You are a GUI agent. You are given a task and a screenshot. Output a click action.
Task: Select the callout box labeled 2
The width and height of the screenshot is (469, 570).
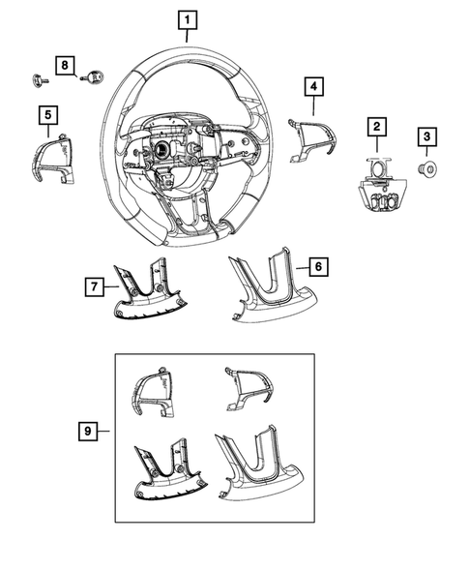coord(374,126)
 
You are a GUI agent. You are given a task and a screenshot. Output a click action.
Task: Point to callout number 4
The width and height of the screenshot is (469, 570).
coord(312,87)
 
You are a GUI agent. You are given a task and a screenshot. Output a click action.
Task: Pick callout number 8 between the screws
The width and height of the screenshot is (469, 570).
coord(65,65)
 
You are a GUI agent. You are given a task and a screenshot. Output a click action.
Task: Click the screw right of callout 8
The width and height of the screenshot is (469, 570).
coord(96,75)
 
